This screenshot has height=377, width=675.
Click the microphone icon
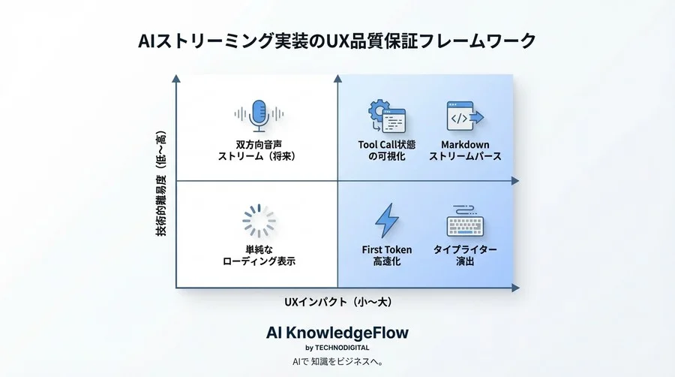tap(259, 115)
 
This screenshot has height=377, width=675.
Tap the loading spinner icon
tap(259, 221)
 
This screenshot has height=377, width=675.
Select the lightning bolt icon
tap(387, 221)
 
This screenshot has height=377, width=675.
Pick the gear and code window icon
tap(386, 116)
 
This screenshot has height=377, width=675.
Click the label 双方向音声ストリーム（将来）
tap(259, 150)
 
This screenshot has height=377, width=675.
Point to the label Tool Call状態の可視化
tap(387, 150)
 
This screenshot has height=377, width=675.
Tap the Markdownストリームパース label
tap(465, 150)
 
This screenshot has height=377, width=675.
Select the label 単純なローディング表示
tap(259, 255)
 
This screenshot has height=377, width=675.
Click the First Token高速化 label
tap(387, 255)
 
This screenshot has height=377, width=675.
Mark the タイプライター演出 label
tap(465, 255)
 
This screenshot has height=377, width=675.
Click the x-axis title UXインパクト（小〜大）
tap(337, 302)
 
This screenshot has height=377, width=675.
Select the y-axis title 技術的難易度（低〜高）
tap(160, 183)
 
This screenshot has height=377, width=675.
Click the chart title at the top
tap(337, 41)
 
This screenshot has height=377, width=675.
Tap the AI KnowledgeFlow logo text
tap(337, 332)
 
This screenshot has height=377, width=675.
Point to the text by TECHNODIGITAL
tap(337, 348)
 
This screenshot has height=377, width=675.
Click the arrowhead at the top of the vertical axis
tap(176, 77)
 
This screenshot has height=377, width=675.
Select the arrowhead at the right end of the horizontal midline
tap(514, 181)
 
